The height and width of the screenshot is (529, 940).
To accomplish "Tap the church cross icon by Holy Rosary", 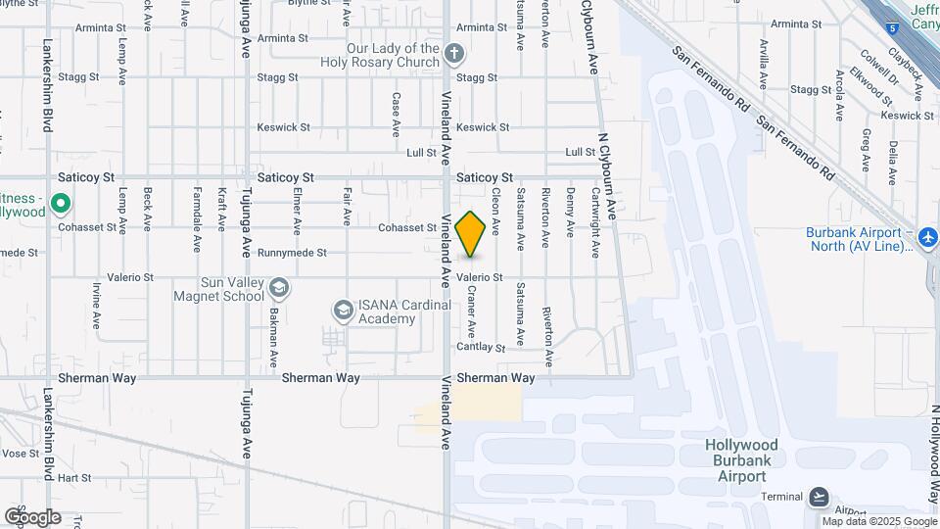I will point(454,54).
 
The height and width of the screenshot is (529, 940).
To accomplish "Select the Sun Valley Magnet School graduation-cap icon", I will point(279,287).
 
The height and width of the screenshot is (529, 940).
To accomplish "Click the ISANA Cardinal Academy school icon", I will point(343,311).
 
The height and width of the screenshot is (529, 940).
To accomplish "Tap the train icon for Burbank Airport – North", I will point(927,237).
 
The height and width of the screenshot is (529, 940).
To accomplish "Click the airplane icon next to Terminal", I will point(821,497).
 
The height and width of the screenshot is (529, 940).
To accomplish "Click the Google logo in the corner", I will point(32,517).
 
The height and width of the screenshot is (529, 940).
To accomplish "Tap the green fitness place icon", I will point(61,205).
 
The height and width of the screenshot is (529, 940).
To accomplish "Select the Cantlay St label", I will point(481,348).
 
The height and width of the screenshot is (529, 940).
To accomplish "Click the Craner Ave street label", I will point(471,309).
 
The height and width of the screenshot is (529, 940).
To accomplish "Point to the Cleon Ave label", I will point(495,211).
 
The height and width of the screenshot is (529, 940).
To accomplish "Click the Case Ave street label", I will point(396,114).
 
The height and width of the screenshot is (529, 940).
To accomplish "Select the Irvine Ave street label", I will point(97,305).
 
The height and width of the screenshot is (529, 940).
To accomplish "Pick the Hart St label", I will point(74,479).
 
